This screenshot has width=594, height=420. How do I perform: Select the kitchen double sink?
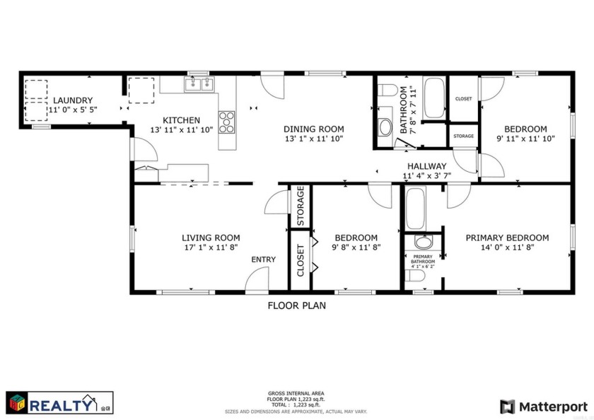(x=198, y=86)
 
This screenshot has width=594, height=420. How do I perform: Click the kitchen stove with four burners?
(x=226, y=122)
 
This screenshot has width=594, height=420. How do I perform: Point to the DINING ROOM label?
(x=313, y=129)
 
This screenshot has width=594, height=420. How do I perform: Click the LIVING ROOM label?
(x=210, y=238)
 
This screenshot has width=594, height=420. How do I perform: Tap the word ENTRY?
(x=263, y=259)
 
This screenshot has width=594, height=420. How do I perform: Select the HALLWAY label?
(x=426, y=166)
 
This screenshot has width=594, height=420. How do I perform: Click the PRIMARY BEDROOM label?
(x=506, y=238)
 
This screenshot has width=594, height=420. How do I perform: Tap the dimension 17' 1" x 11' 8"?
(x=210, y=248)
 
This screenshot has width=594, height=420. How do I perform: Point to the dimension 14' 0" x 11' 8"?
(x=506, y=248)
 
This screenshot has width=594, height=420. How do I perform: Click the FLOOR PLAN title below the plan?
(x=296, y=306)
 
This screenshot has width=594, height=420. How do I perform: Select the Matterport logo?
(x=543, y=407)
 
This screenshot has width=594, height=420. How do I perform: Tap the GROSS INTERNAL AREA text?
(x=296, y=393)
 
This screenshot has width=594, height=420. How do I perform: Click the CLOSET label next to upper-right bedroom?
(x=463, y=99)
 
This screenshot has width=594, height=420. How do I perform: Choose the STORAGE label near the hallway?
(x=463, y=136)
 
